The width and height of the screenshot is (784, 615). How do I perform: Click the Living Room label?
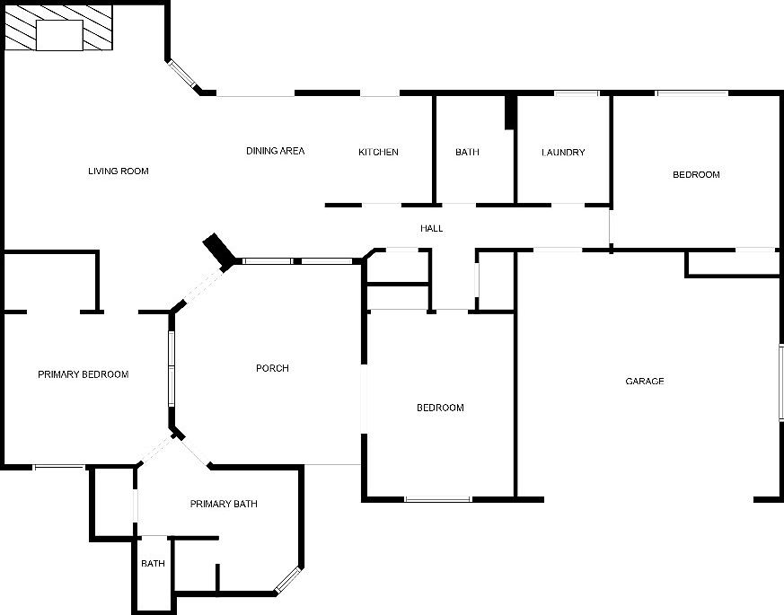click(x=118, y=171)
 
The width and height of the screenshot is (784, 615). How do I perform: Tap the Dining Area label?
click(x=275, y=151)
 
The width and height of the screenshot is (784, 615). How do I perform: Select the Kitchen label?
click(x=378, y=152)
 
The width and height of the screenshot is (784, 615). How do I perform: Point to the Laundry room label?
click(x=563, y=153)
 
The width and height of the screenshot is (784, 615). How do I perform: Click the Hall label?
click(x=431, y=228)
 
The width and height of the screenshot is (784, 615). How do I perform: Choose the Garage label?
click(x=644, y=382)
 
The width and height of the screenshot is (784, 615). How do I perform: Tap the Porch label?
click(x=272, y=368)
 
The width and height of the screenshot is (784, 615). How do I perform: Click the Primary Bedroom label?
click(x=83, y=374)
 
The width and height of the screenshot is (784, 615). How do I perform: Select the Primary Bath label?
click(x=224, y=504)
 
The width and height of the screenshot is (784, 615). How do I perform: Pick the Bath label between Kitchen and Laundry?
click(x=467, y=153)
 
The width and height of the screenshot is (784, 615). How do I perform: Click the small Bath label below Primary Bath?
click(x=153, y=564)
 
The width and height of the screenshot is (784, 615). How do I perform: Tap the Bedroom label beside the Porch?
click(x=440, y=408)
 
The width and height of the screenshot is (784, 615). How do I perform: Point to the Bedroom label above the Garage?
click(x=696, y=174)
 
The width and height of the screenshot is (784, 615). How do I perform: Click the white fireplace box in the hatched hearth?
click(x=59, y=35)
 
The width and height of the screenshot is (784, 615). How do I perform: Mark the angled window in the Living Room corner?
click(x=182, y=75)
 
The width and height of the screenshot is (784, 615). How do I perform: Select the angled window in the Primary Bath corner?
click(x=288, y=580)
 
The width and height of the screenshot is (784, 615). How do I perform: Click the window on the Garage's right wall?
click(x=780, y=381)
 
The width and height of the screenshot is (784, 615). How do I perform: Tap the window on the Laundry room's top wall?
click(x=576, y=92)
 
